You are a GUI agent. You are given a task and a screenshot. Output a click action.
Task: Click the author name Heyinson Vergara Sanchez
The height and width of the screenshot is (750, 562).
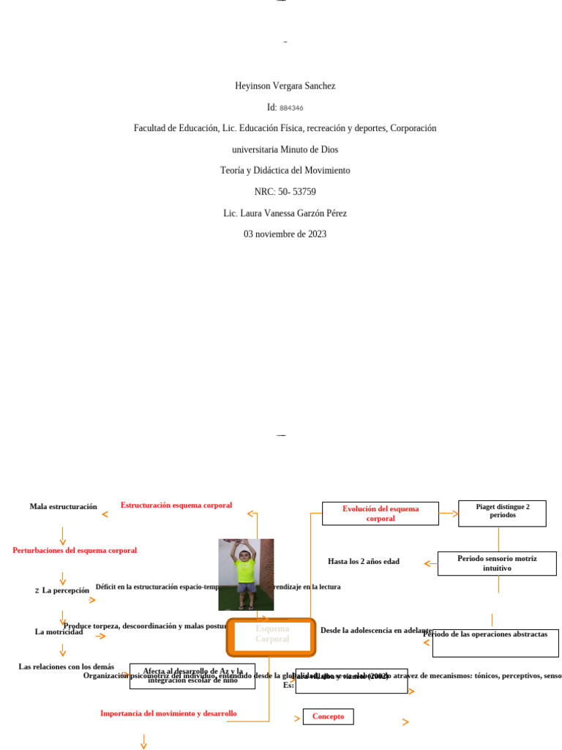click(x=285, y=86)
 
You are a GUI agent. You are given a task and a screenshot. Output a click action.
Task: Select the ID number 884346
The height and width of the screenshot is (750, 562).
click(x=291, y=108)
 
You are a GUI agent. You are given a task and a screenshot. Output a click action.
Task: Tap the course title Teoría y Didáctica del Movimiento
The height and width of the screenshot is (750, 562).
click(x=285, y=170)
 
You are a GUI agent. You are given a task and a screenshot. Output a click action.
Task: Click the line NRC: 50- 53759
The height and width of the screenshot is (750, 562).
click(x=285, y=192)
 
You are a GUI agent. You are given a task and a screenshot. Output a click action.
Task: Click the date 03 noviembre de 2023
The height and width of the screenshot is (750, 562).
click(x=285, y=234)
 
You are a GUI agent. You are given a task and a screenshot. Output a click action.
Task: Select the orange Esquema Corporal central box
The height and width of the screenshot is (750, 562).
click(x=271, y=636)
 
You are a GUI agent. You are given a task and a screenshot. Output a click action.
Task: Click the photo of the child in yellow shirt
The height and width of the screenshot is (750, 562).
click(x=246, y=574)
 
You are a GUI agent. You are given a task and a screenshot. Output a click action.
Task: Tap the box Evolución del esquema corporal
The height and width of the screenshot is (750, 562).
click(x=381, y=513)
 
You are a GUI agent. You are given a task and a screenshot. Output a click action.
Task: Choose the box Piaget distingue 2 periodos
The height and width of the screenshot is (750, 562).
click(x=502, y=513)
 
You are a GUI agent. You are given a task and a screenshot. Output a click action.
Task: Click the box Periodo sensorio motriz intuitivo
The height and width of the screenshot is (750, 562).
click(x=497, y=563)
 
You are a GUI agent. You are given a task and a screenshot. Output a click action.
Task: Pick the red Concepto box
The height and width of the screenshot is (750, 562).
click(x=328, y=716)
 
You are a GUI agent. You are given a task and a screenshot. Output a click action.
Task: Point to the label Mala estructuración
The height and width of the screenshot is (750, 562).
click(x=63, y=506)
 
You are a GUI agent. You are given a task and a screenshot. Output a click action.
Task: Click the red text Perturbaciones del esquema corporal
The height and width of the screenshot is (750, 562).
click(x=75, y=550)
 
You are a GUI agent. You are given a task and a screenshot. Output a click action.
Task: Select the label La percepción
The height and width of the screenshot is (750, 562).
click(x=65, y=590)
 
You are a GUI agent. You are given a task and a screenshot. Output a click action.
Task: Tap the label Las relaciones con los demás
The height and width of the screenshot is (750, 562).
click(x=66, y=667)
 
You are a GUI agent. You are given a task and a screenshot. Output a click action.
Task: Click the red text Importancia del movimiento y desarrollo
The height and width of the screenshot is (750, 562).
click(x=168, y=713)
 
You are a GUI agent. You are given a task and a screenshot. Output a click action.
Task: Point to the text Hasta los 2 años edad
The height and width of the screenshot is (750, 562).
click(x=364, y=562)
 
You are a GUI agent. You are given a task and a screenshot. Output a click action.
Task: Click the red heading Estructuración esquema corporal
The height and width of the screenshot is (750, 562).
click(x=176, y=505)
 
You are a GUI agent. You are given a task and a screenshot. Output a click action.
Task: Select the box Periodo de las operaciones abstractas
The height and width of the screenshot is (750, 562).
click(x=495, y=642)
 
